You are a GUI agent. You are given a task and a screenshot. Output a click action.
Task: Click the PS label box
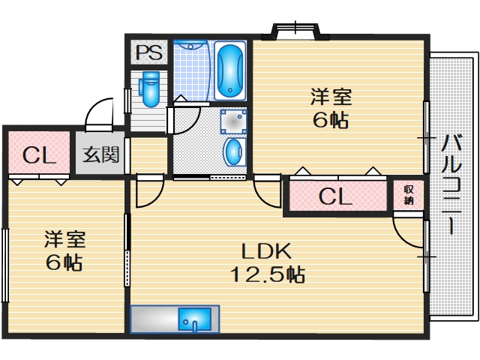pyautogui.click(x=148, y=54)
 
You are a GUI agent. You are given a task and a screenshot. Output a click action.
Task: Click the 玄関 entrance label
pyautogui.click(x=100, y=155)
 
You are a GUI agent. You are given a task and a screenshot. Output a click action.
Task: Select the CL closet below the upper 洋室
pyautogui.click(x=336, y=197)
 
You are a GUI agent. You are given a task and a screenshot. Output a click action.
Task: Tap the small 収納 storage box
pyautogui.click(x=409, y=195)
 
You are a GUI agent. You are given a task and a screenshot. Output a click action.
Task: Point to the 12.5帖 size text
pyautogui.click(x=267, y=274)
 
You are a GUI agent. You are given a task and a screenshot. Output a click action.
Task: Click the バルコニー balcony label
pyautogui.click(x=451, y=184)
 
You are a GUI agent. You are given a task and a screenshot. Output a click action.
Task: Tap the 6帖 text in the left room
pyautogui.click(x=63, y=262)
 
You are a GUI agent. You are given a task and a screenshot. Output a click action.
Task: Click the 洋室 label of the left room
pyautogui.click(x=64, y=239)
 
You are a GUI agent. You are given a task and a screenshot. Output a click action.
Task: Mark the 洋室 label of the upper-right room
pyautogui.click(x=331, y=97)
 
